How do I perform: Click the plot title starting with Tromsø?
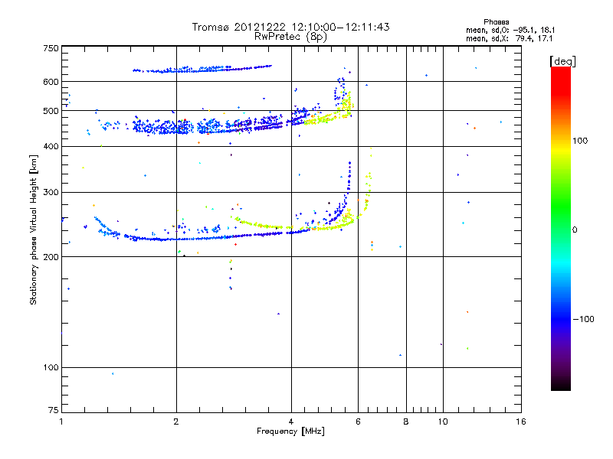[x=291, y=27]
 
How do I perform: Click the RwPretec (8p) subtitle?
[x=291, y=36]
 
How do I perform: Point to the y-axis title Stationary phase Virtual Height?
[x=34, y=229]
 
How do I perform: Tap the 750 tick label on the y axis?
[x=51, y=48]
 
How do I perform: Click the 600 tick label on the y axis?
[x=51, y=82]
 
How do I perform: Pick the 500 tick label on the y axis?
[x=51, y=111]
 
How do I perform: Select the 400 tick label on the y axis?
[x=51, y=146]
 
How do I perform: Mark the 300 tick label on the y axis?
[x=51, y=192]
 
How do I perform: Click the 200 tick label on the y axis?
[x=51, y=257]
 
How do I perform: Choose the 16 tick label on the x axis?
[x=520, y=422]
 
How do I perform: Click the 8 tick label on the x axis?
[x=406, y=422]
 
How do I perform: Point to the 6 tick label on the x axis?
[x=359, y=422]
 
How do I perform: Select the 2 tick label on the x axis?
[x=176, y=422]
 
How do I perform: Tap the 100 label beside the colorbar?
[x=585, y=141]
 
